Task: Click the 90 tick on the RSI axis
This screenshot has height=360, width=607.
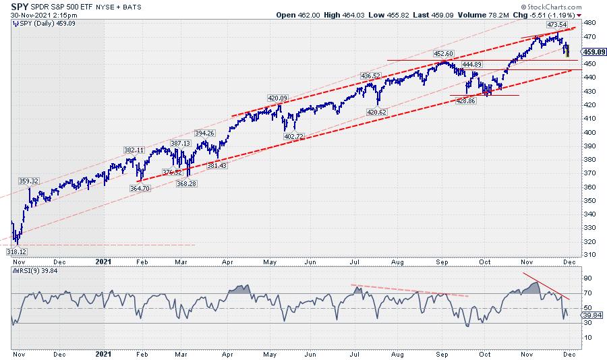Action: click(x=587, y=278)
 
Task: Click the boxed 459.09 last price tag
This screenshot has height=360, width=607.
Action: click(x=591, y=51)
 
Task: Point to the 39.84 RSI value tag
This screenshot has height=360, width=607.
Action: click(x=592, y=314)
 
